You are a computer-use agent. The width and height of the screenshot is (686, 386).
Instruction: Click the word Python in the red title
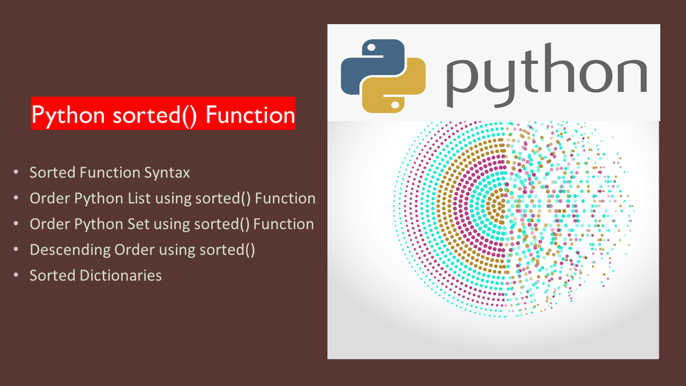66,115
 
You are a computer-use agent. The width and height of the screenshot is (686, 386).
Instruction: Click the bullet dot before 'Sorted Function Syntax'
17,173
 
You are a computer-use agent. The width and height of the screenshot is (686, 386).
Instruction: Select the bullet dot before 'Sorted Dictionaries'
17,276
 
